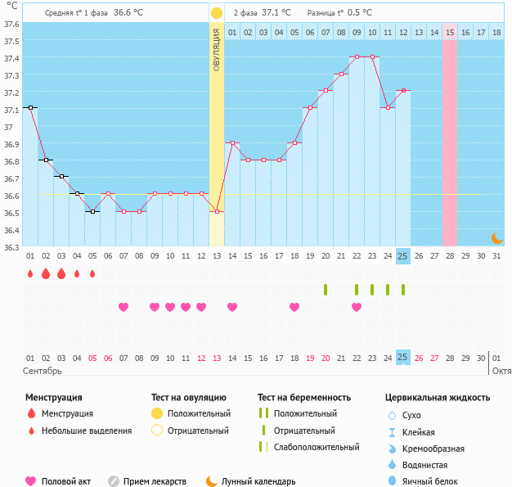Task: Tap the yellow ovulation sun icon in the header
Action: click(x=216, y=13)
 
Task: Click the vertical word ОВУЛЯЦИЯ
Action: click(x=216, y=50)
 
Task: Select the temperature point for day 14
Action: click(x=232, y=142)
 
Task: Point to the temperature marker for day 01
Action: click(x=30, y=107)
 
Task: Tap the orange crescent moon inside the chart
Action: click(x=496, y=237)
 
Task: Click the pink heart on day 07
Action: click(x=124, y=307)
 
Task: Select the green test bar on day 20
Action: click(x=326, y=290)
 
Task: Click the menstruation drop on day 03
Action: click(x=61, y=273)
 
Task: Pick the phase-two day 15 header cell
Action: click(x=450, y=32)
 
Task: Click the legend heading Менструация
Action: click(x=53, y=398)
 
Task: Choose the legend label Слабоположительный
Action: click(x=317, y=447)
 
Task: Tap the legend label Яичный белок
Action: click(x=436, y=481)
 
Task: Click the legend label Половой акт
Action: click(x=65, y=481)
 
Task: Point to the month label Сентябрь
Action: click(x=43, y=371)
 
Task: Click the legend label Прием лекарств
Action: click(x=155, y=481)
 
